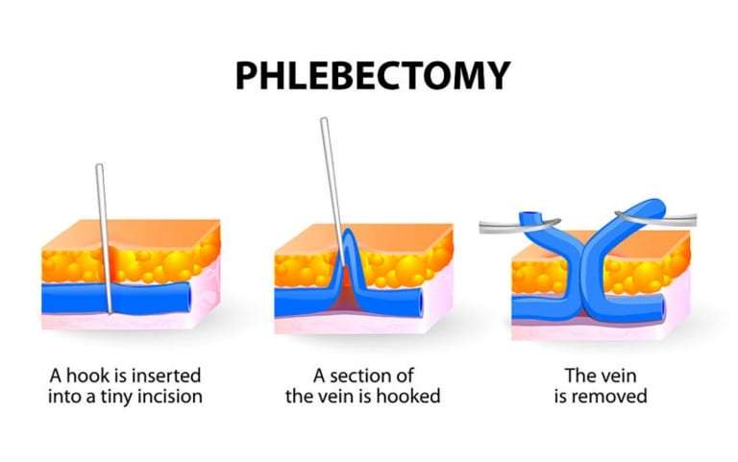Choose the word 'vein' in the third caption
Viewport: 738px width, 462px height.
pos(616,374)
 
